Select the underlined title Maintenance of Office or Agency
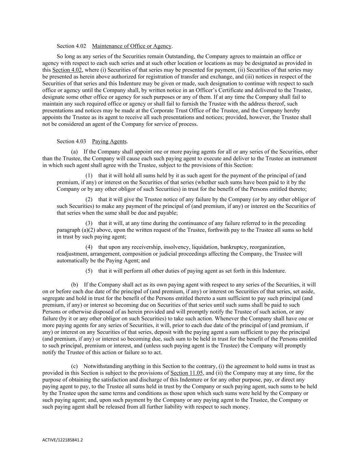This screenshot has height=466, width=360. pos(132,46)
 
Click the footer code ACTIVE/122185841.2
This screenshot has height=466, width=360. pos(62,440)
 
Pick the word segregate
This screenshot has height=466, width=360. pos(54,298)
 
